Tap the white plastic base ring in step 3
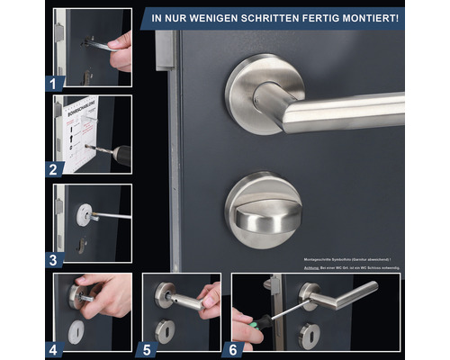pyautogui.click(x=85, y=214)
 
